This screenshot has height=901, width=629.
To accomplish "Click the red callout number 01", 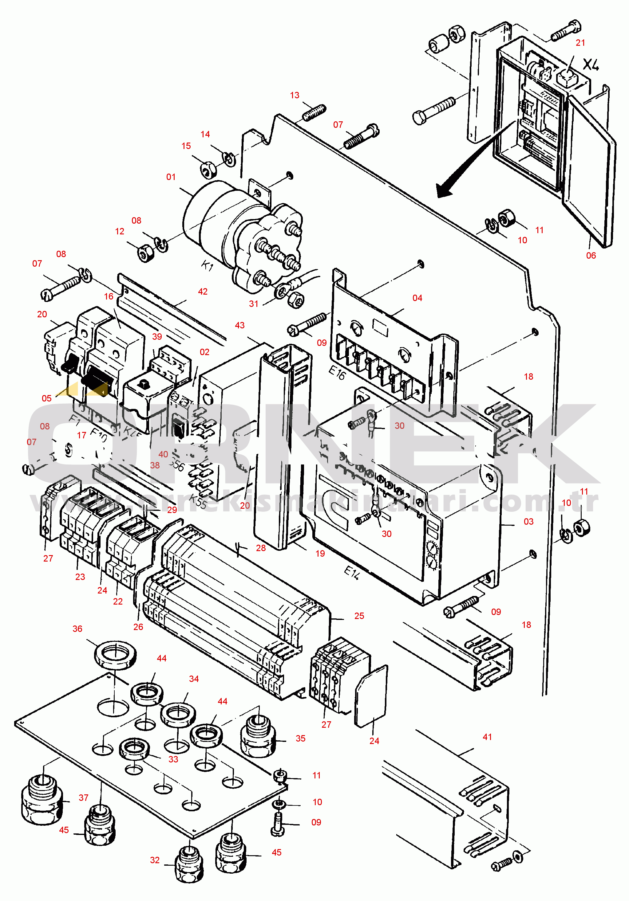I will coord(171,177).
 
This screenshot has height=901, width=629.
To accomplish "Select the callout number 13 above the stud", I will coord(295,95).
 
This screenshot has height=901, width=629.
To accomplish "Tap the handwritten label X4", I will coord(591,65).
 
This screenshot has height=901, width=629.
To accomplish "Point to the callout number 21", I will coord(580,43).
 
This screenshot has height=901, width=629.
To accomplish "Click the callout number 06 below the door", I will coord(591,256).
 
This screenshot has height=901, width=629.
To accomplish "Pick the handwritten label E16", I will coord(337,373).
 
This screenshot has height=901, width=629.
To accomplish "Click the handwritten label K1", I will coord(207,266).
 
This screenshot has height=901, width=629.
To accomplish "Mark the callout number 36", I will coord(77,629).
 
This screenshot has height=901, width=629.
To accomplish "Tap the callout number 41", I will coord(487,737).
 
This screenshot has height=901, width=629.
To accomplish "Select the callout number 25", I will coord(359,616).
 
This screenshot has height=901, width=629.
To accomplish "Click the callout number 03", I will coord(528,522).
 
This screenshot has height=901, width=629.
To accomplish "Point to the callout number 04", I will coord(417,298).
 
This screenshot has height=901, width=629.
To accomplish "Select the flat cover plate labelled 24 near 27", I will coord(371,696).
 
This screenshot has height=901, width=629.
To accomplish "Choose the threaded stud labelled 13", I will coord(314,113).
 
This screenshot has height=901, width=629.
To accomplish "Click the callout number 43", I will coord(239,325).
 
